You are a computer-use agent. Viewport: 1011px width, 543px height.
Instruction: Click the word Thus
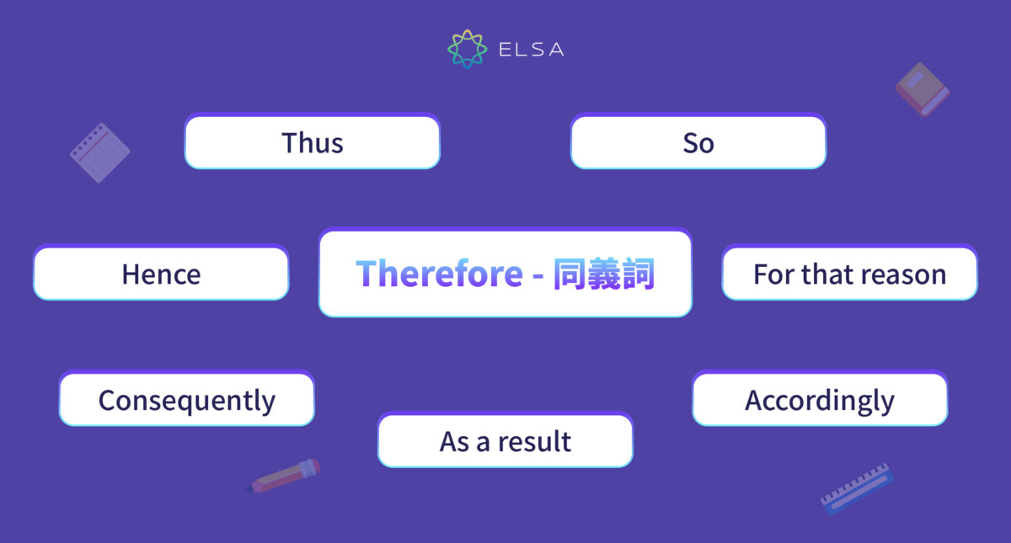pos(313,143)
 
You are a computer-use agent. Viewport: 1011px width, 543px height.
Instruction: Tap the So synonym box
pos(698,143)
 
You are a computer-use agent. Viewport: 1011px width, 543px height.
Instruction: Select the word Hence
pos(161,274)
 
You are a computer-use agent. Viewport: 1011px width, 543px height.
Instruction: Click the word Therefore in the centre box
pos(439,274)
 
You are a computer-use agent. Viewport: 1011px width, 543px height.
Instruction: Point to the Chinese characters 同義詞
pos(603,274)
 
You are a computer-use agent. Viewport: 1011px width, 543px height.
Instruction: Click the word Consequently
pos(186,401)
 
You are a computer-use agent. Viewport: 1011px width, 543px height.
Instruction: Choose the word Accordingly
pos(819,401)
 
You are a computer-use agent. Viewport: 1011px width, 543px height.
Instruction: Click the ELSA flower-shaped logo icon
pos(467,49)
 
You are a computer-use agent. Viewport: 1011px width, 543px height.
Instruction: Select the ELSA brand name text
pos(531,50)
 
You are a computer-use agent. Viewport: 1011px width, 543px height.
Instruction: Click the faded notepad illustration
pos(99,153)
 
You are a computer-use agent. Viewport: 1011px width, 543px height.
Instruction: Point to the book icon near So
pos(922,88)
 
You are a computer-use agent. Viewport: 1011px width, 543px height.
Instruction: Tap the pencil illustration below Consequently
pos(286,476)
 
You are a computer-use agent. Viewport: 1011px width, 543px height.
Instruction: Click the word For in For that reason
pos(773,274)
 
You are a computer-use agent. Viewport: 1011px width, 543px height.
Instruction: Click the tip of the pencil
pos(250,488)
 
